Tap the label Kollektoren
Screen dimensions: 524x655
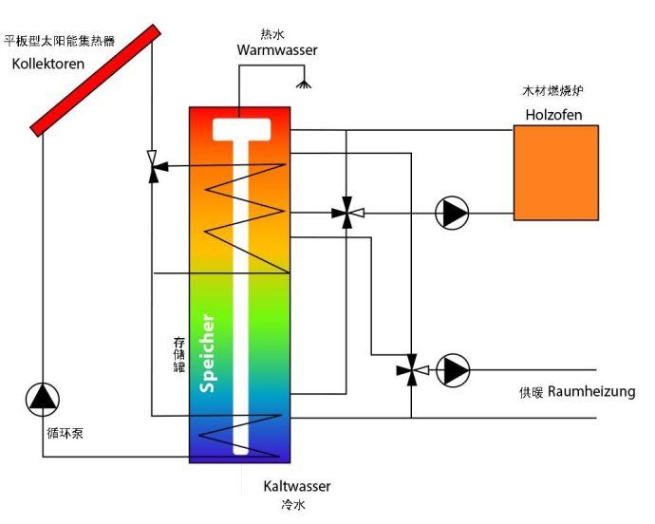pos(48,65)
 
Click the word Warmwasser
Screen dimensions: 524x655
pos(277,49)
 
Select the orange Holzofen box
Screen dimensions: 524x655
pos(556,172)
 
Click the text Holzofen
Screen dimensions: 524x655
pos(553,115)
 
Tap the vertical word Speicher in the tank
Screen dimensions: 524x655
pos(209,352)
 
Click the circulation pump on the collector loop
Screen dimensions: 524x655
pos(42,398)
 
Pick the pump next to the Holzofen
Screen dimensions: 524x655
pos(452,213)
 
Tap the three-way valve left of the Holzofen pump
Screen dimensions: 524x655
pos(346,214)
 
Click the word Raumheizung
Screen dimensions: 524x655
pos(591,391)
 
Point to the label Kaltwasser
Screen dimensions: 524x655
pos(297,486)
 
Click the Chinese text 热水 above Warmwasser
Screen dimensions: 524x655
pos(272,33)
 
